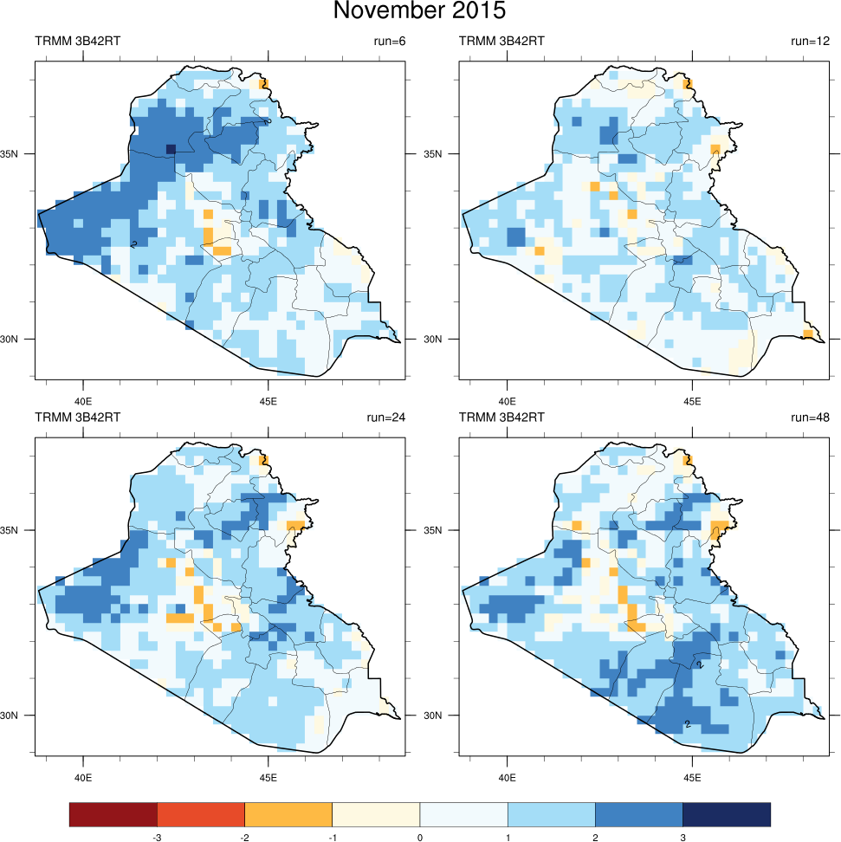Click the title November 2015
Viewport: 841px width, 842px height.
[x=419, y=11]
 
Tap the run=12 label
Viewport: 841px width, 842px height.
[x=810, y=41]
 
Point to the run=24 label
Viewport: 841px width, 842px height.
[x=382, y=417]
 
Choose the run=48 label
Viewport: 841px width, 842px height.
[x=810, y=417]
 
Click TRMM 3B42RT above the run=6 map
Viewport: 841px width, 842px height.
[x=77, y=41]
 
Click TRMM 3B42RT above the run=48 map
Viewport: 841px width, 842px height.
[x=501, y=417]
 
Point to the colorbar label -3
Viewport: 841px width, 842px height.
[x=157, y=838]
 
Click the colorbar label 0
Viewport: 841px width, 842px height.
[x=419, y=838]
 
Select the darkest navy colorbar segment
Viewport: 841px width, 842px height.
[x=726, y=814]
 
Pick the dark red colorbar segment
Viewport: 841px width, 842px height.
[x=113, y=814]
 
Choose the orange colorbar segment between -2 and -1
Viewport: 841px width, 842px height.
[x=288, y=814]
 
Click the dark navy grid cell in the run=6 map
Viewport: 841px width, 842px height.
[x=171, y=150]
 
